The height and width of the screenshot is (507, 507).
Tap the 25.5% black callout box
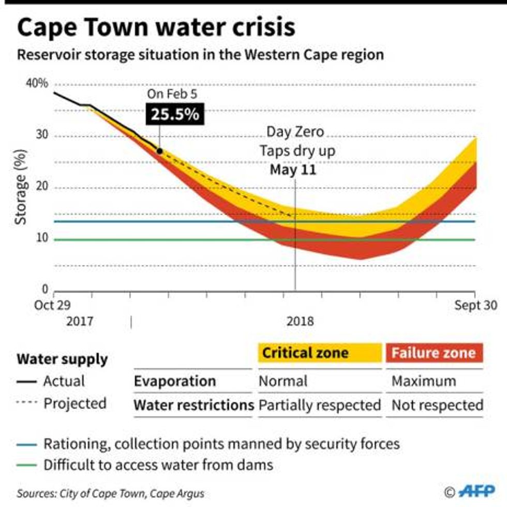(175, 114)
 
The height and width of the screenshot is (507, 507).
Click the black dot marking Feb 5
(159, 151)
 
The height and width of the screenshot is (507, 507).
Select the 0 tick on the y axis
(45, 289)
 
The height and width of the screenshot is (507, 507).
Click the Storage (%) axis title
(21, 187)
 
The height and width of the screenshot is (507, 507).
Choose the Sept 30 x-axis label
(476, 305)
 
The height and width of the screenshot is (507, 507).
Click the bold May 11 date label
(293, 170)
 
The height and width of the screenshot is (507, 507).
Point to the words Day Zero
(295, 132)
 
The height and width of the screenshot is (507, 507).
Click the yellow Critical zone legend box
(319, 353)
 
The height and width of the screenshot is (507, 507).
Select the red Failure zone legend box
(434, 353)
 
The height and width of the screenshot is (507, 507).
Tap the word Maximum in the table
(424, 381)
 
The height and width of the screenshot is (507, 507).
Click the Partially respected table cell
(319, 405)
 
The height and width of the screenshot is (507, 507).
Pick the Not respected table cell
(437, 405)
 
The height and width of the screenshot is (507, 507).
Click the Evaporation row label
(175, 381)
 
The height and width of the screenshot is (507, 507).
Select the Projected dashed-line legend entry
(62, 404)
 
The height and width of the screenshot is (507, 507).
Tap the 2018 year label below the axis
(300, 321)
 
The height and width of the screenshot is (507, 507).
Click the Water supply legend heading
(62, 359)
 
